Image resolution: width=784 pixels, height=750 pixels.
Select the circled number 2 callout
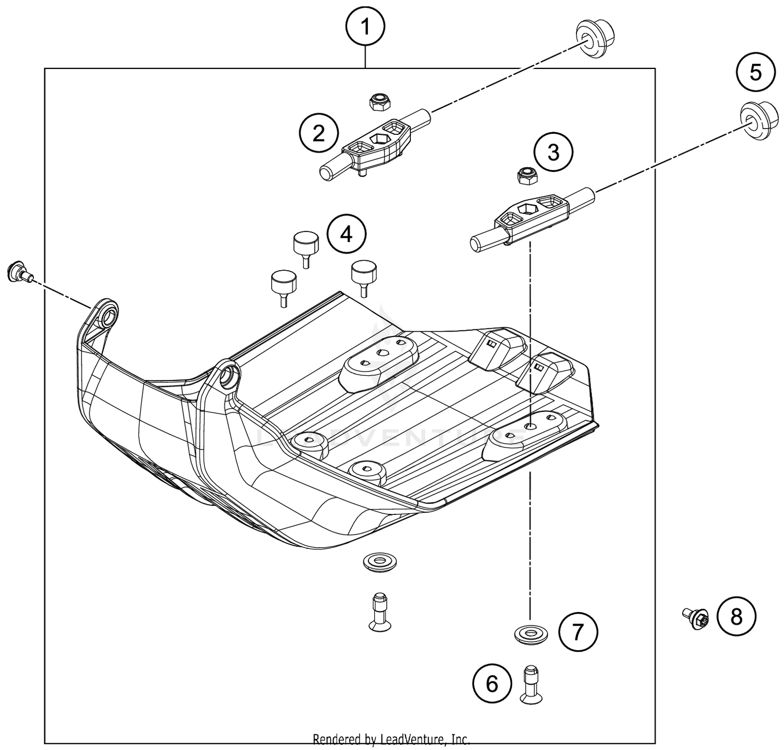[x=318, y=134]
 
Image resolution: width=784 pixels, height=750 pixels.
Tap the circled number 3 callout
[x=554, y=153]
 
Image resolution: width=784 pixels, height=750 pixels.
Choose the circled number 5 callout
[x=756, y=73]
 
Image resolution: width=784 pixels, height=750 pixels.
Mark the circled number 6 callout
[x=492, y=684]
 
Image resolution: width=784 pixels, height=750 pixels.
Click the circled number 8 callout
[x=736, y=617]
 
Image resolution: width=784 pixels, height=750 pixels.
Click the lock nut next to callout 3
[x=525, y=176]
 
